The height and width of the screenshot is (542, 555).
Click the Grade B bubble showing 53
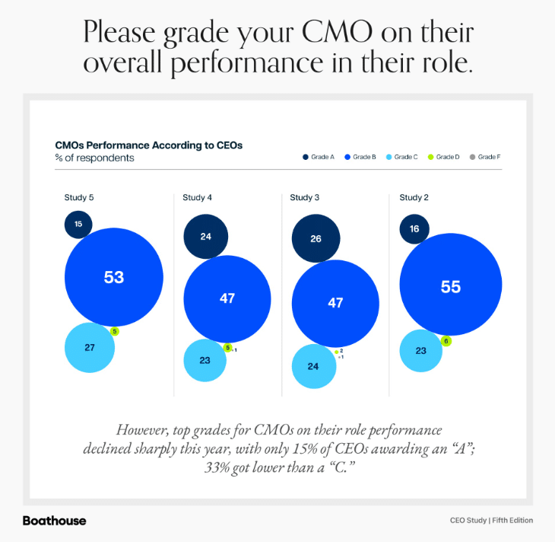pos(114,277)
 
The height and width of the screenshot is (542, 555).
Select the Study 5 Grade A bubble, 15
pos(78,224)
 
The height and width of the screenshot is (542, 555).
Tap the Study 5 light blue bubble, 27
pos(90,347)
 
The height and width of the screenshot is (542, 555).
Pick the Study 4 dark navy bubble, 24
pos(205,236)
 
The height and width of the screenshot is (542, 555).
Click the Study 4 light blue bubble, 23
pos(205,360)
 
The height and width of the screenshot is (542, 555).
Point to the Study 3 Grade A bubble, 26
pos(316,238)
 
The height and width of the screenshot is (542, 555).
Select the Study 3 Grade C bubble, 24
pos(313,366)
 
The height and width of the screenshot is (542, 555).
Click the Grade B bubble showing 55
pos(451,286)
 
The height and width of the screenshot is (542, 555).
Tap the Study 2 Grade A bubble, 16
pos(414,228)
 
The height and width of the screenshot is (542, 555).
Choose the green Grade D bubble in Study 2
pos(446,341)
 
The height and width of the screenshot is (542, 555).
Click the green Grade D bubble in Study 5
pos(115,331)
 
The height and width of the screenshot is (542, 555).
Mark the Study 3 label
pos(304,198)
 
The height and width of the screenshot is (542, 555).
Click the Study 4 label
pos(197,198)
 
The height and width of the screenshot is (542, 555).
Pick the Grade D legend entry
pos(444,157)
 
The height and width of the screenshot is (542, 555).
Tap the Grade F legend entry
pos(485,157)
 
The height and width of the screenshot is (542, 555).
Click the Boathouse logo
pos(54,521)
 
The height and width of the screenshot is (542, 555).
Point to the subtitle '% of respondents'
pos(94,158)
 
